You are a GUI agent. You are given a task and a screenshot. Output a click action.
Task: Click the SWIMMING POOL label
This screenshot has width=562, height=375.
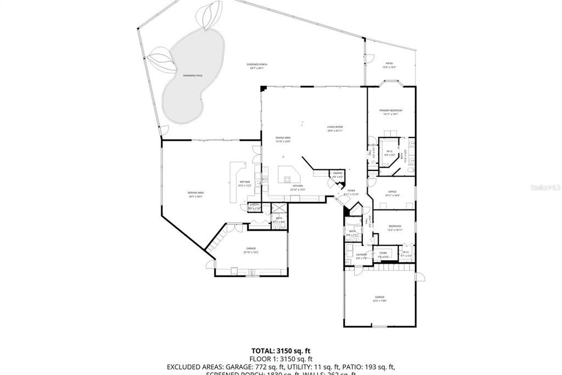coord(193,75)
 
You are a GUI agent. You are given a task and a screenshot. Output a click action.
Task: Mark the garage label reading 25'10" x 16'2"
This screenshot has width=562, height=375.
coord(251,250)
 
